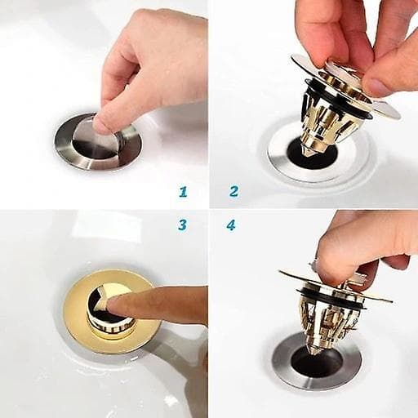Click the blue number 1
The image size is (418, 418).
[183, 192]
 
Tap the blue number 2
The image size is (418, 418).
[234, 191]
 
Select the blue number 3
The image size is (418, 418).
[183, 225]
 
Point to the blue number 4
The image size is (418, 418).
[231, 225]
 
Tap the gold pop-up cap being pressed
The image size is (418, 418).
[109, 310]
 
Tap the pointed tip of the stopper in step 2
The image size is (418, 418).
[307, 153]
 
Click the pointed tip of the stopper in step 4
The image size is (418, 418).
[315, 353]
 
